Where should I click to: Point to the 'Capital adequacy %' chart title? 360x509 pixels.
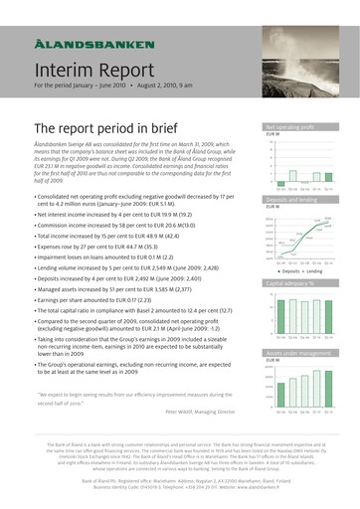[288, 282]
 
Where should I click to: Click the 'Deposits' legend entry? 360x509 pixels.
[287, 269]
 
